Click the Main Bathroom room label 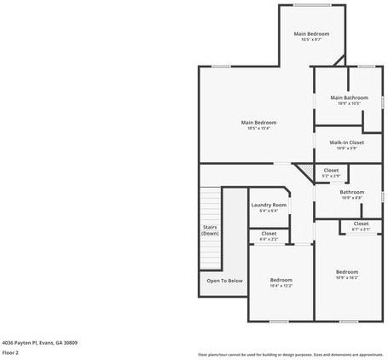tap(350, 97)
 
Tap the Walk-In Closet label tap(350, 142)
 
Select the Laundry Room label tap(269, 205)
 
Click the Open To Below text tap(224, 281)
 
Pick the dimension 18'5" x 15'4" tap(258, 128)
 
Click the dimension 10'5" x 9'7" tap(311, 39)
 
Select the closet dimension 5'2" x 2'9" tap(331, 176)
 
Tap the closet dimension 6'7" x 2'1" tap(361, 229)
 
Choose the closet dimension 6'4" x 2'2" tap(269, 240)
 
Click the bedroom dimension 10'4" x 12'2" tap(281, 286)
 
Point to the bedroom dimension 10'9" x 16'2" tap(347, 277)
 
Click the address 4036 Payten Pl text tap(39, 342)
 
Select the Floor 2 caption tap(10, 351)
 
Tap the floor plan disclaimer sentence tap(290, 354)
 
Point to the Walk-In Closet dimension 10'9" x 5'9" tap(350, 148)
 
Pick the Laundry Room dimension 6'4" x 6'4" tap(269, 211)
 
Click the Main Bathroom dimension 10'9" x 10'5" tap(350, 103)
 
